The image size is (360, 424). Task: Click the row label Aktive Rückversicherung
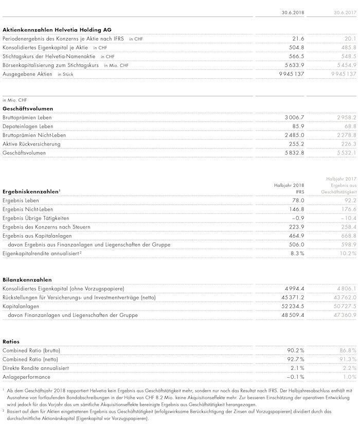pyautogui.click(x=31, y=144)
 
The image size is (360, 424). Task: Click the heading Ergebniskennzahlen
pyautogui.click(x=30, y=191)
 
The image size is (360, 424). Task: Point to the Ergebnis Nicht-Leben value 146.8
pyautogui.click(x=297, y=209)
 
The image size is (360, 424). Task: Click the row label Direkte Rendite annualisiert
pyautogui.click(x=36, y=368)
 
